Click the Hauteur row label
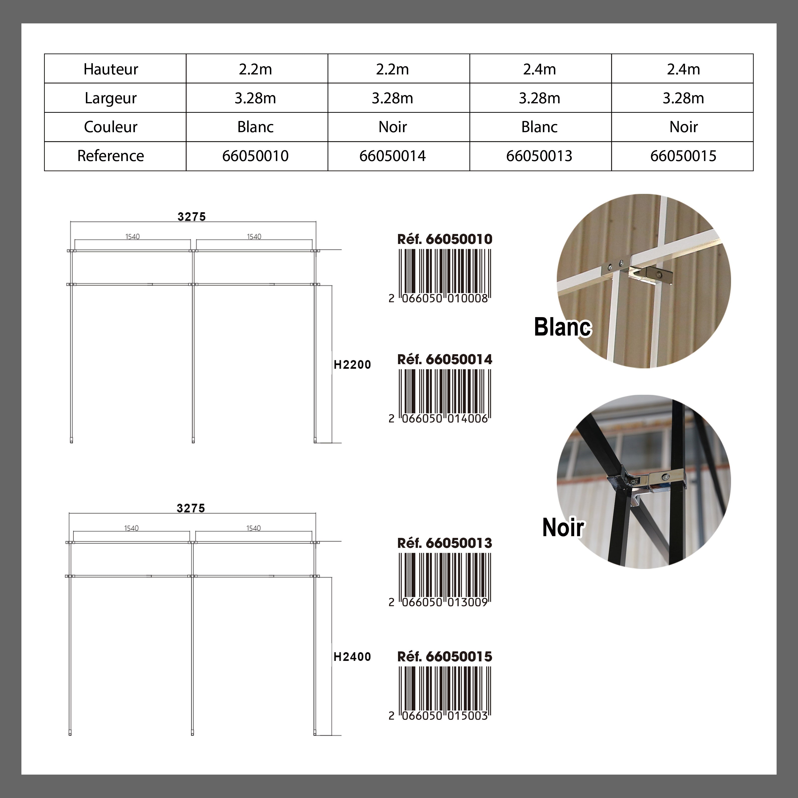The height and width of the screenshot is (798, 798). point(111,69)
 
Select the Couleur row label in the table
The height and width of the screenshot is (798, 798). point(111,127)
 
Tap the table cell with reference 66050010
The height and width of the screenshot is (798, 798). point(255,156)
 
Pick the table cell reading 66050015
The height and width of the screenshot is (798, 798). point(683,156)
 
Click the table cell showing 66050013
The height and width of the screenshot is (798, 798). point(539,156)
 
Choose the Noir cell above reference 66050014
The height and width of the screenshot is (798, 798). point(392,127)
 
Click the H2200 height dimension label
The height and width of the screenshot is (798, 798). point(352,365)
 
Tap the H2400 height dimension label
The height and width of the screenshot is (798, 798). point(352,657)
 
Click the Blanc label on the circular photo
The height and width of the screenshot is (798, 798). point(563,327)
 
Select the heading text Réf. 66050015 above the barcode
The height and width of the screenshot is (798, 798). point(445,657)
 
